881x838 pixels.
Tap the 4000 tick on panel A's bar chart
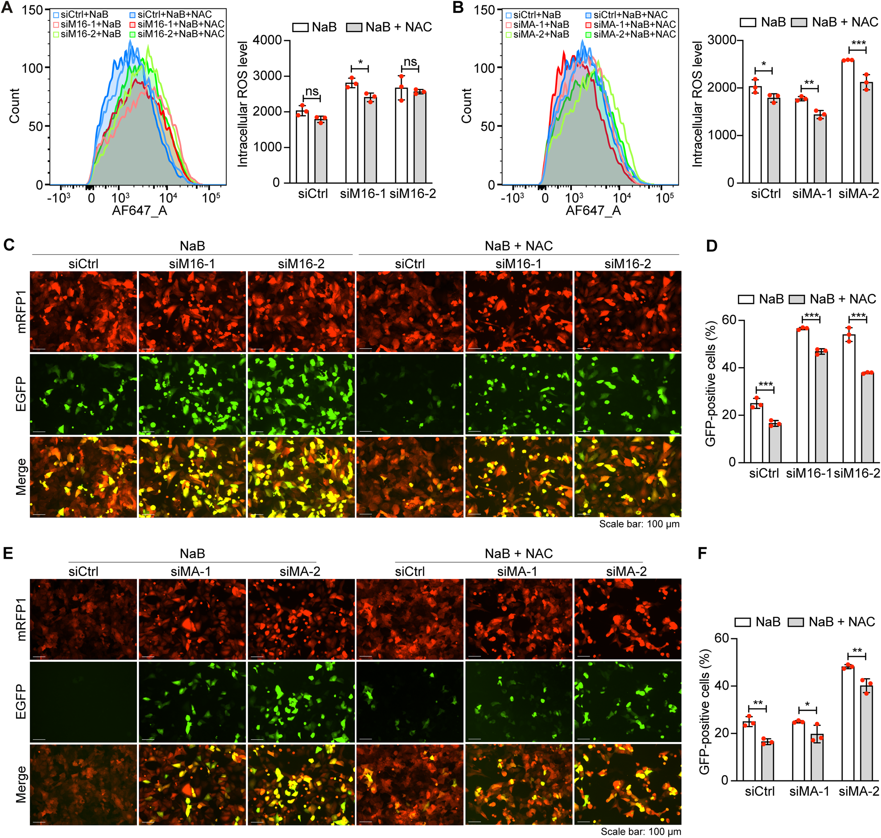tap(268, 40)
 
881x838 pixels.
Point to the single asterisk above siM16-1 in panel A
tap(360, 62)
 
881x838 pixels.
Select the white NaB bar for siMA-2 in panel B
tap(848, 121)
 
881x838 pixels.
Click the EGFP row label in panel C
tap(21, 394)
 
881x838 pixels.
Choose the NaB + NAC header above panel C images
tap(518, 246)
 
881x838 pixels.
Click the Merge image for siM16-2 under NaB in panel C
tap(301, 477)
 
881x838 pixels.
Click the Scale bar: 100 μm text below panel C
tap(639, 523)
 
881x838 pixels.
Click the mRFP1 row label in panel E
tap(21, 619)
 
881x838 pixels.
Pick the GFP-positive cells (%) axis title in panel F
tap(704, 712)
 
